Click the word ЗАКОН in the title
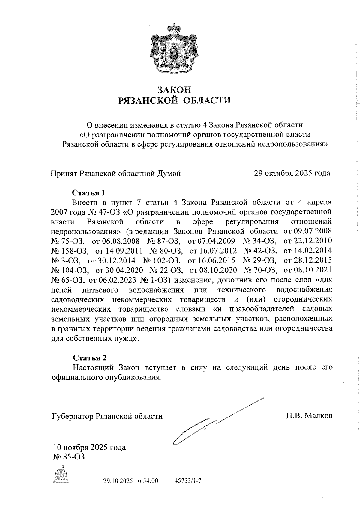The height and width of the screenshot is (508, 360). click(x=174, y=89)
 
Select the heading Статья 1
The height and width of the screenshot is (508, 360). click(x=89, y=192)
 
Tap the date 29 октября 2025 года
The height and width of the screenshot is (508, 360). click(x=292, y=173)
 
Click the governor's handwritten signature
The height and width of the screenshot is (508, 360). click(x=210, y=426)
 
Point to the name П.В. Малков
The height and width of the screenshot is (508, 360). click(x=309, y=416)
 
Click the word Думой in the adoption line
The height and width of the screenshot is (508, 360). click(x=169, y=173)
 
